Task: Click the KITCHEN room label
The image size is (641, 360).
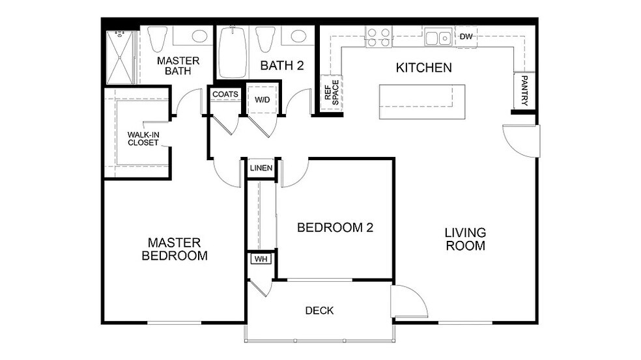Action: (x=423, y=68)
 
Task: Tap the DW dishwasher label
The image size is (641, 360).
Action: (x=466, y=36)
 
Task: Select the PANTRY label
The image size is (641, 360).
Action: (x=524, y=90)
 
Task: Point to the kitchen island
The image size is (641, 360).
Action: (x=422, y=102)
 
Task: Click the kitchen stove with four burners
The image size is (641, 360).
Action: (x=378, y=36)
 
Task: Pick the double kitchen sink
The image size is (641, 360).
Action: (x=438, y=38)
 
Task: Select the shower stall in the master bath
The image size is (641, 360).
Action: (x=121, y=57)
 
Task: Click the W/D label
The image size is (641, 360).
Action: (x=262, y=100)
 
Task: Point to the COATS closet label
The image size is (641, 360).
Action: (x=225, y=94)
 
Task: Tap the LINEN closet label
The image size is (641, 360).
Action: (x=261, y=168)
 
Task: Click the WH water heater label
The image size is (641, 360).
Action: (x=261, y=259)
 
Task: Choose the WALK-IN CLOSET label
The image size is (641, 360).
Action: (x=143, y=139)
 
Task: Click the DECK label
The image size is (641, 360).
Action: (x=319, y=311)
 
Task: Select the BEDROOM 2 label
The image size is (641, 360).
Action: (x=335, y=228)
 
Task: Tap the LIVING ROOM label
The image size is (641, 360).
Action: (x=465, y=239)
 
